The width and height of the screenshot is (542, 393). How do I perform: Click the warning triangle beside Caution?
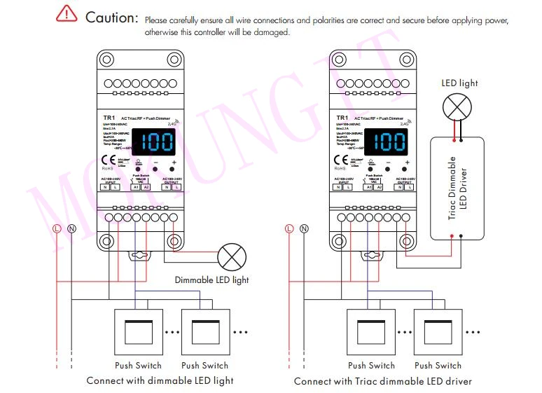pos(67,14)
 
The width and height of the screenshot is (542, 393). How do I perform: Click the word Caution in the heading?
pos(111,18)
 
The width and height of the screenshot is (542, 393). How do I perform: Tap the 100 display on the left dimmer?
pos(155,143)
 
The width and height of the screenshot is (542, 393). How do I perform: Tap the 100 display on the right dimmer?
pos(387,143)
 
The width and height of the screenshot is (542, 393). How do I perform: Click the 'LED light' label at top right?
pos(459,83)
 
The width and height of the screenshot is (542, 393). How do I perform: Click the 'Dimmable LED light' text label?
pos(211,280)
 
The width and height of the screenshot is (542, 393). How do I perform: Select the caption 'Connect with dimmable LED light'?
pos(160,381)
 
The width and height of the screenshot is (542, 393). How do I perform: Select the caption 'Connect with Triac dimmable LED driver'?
pos(382,381)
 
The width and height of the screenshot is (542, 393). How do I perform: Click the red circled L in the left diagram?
pos(57,228)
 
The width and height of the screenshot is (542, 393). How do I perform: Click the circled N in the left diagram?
pos(71,228)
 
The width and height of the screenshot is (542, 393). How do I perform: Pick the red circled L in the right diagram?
pos(289,228)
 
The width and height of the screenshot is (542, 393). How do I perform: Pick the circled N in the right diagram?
pos(303,228)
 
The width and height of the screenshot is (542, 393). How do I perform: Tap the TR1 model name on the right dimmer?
pos(342,118)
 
